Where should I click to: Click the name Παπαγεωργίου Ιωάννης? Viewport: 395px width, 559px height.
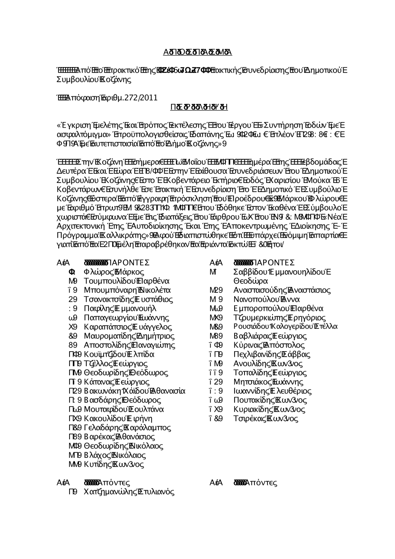[x=126, y=318]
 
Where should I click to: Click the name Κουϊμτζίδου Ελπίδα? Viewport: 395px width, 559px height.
[x=119, y=354]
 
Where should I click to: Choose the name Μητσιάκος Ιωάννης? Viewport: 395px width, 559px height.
[x=268, y=382]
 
